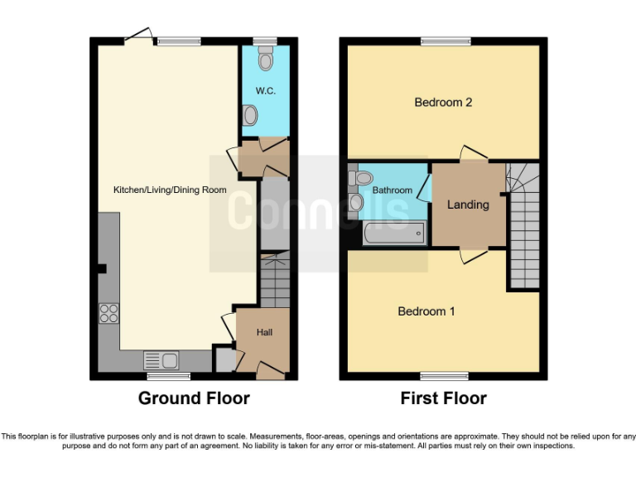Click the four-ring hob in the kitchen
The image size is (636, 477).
point(108,313)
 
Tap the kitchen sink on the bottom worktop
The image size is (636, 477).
point(161,360)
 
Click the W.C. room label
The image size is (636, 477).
point(265,90)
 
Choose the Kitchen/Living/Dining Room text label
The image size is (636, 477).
point(170,190)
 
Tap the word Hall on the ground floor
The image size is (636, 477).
point(264,332)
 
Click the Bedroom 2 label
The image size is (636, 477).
point(443,103)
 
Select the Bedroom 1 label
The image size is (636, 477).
point(426,311)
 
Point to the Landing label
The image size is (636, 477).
point(468,205)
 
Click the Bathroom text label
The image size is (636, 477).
point(392,190)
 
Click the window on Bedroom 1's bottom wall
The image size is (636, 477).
point(443,376)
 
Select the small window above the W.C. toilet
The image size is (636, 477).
point(265,41)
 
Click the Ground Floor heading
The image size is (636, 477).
point(194,398)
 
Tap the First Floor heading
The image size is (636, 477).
point(443,398)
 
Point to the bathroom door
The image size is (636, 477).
point(425,188)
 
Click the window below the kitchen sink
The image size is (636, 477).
point(169,376)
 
